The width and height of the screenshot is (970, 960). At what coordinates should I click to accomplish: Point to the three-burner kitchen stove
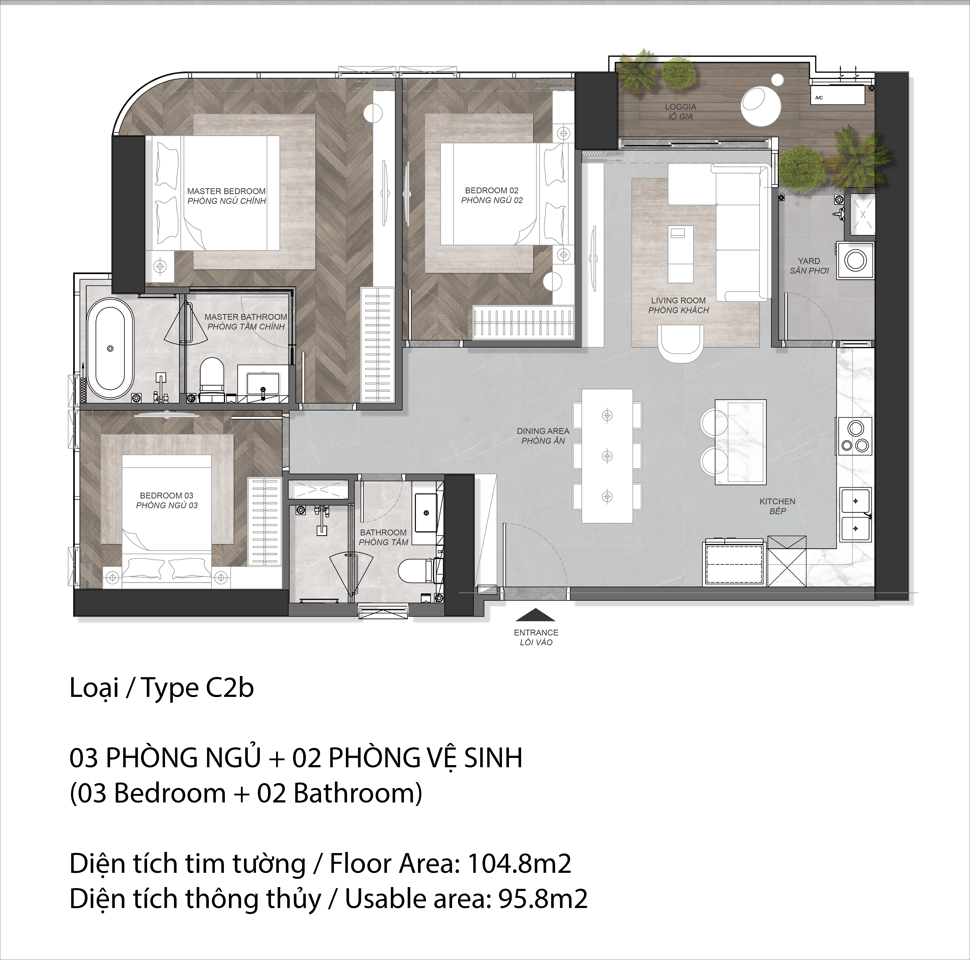[x=854, y=436]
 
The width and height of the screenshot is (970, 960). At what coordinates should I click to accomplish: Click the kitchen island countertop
[x=741, y=442]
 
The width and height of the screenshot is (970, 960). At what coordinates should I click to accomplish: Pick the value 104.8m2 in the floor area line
[x=519, y=864]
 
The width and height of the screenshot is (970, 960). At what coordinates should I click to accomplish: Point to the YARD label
[x=809, y=261]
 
